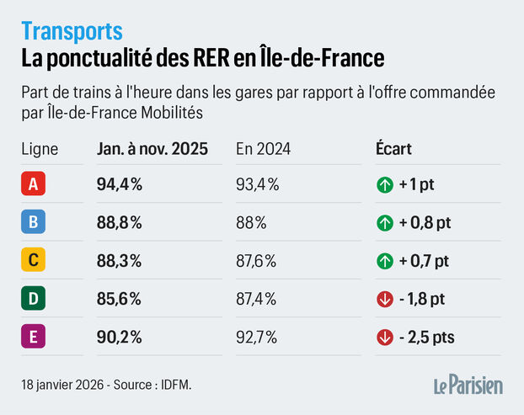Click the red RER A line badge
[x=34, y=184]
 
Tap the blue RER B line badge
[x=34, y=222]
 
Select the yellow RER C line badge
[x=34, y=260]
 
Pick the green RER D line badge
[x=34, y=299]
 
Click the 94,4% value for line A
[x=120, y=184]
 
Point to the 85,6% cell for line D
[x=120, y=299]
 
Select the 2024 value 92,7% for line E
[x=257, y=338]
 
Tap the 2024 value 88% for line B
[x=251, y=222]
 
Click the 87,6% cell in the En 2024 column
[x=257, y=261]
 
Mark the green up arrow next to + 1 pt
[x=385, y=184]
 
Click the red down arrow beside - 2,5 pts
[x=385, y=338]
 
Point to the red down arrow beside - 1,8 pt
[x=385, y=299]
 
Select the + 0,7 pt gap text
[x=426, y=261]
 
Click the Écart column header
[x=394, y=150]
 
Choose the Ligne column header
[x=40, y=150]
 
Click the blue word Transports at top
[x=72, y=31]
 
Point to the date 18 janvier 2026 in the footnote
[x=63, y=384]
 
